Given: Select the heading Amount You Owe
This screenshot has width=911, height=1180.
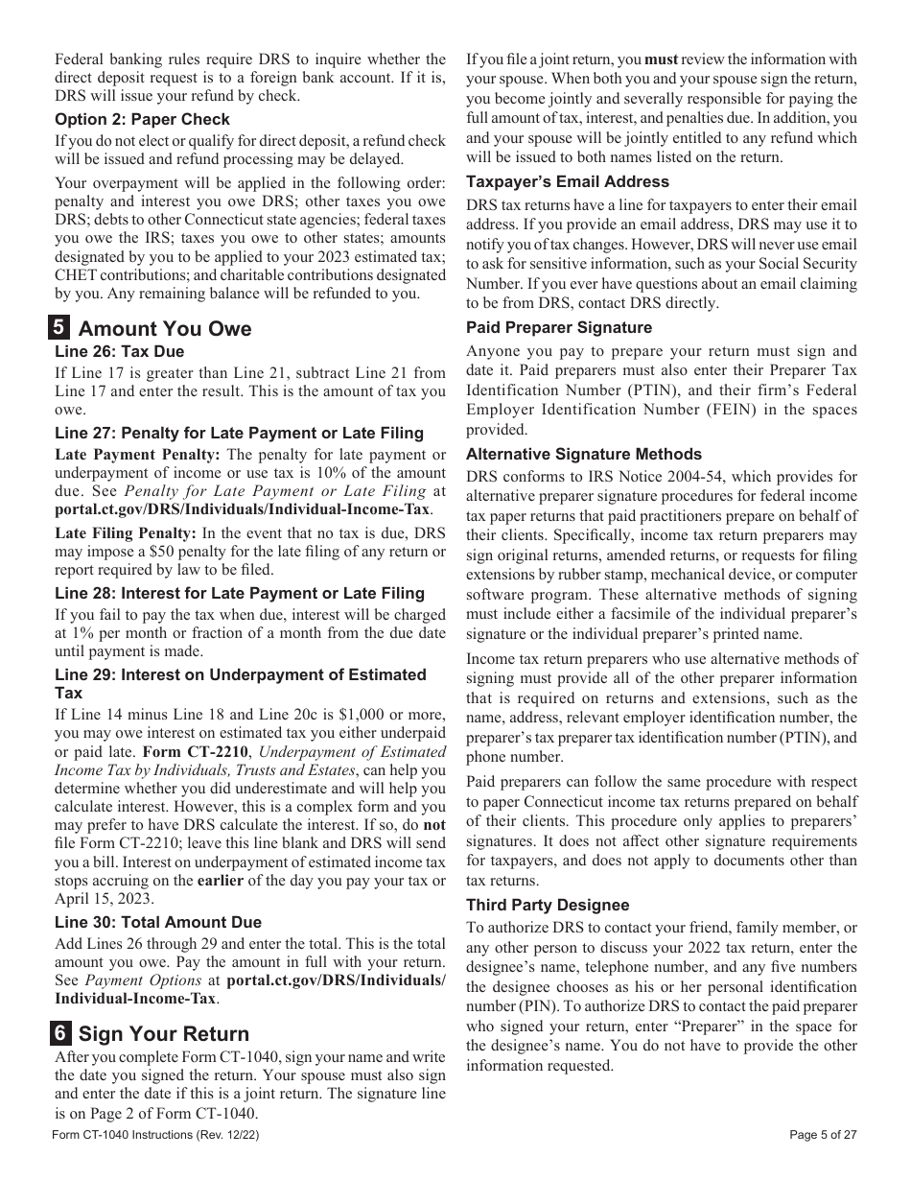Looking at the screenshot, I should point(164,329).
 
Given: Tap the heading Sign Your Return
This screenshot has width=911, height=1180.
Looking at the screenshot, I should point(163,1034).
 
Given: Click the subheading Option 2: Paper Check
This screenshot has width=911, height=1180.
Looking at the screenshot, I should point(142,120).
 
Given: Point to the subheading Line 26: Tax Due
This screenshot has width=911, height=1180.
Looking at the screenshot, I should point(119,352).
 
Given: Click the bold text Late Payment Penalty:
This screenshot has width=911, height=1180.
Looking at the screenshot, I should point(137,455).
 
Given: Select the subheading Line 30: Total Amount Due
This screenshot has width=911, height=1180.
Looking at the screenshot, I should point(157,922).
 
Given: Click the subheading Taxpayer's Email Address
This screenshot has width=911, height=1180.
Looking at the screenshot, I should point(568,182).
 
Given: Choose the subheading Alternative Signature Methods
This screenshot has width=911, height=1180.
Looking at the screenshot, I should point(584,455).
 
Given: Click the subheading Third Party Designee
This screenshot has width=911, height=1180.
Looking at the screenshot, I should point(548,906).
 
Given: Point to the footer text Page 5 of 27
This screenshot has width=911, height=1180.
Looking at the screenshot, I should point(823,1135).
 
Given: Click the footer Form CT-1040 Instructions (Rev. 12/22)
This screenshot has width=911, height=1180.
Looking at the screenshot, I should point(156,1135).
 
